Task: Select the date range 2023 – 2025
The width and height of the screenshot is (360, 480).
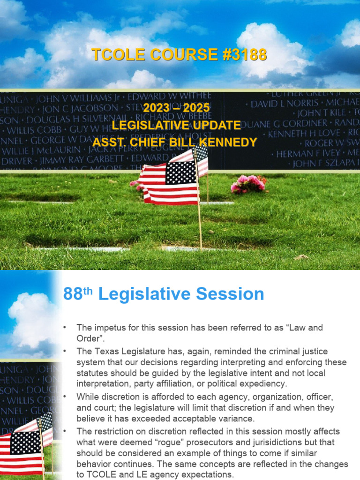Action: click(x=176, y=108)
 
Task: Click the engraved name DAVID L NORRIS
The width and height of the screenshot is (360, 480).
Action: click(x=282, y=104)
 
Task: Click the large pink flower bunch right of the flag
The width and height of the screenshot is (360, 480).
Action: click(x=248, y=183)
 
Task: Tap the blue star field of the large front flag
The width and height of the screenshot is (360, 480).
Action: click(x=181, y=172)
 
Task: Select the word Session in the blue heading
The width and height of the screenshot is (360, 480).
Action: click(x=230, y=294)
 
